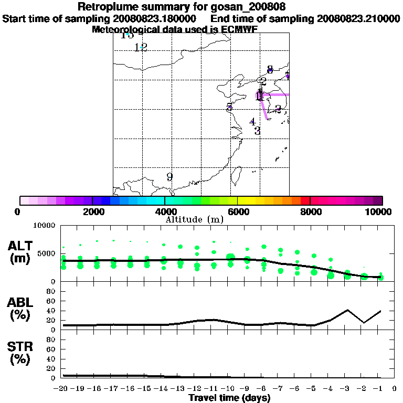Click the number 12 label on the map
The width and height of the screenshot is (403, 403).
[140, 47]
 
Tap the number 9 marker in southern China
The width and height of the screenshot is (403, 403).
[169, 177]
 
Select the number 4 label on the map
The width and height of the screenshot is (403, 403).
[252, 122]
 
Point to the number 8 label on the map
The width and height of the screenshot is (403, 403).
[270, 69]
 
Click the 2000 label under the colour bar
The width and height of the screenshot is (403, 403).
[92, 211]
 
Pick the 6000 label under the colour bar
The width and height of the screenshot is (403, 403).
[238, 211]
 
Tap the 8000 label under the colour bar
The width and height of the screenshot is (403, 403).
[310, 211]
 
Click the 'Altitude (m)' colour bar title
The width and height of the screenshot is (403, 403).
[195, 219]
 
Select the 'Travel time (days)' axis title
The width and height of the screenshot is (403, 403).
[229, 397]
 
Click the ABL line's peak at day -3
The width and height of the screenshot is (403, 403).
[347, 310]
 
